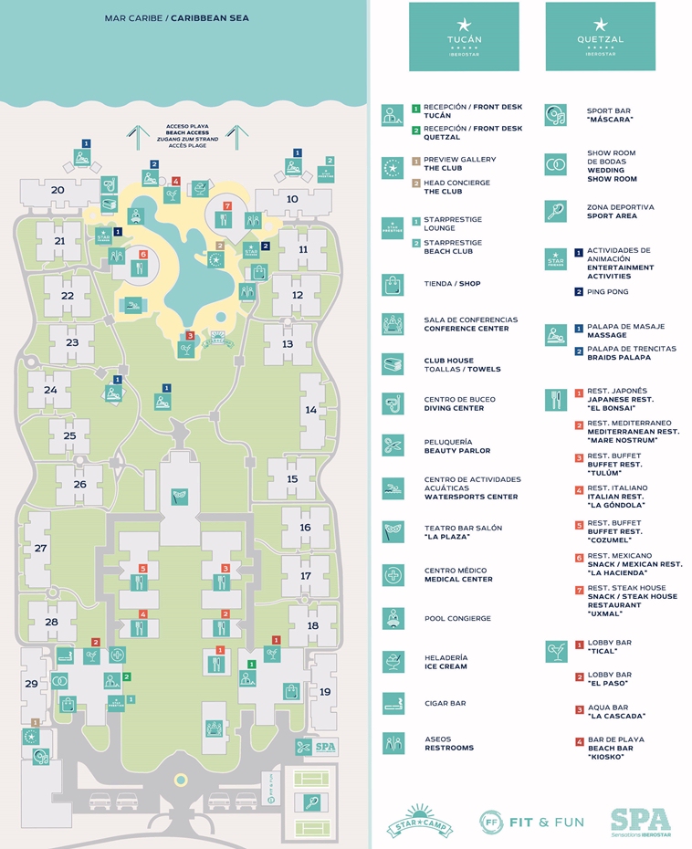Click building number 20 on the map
58,190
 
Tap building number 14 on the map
310,410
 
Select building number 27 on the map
41,548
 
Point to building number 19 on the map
325,692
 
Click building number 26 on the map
80,485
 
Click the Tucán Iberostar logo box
464,37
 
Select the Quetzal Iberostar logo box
600,37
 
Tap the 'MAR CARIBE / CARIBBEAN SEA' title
177,17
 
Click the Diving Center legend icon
393,404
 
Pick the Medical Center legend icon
393,575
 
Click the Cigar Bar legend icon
393,703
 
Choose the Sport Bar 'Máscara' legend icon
556,115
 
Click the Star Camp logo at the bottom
419,821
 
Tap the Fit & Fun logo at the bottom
531,822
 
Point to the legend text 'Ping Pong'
607,292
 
